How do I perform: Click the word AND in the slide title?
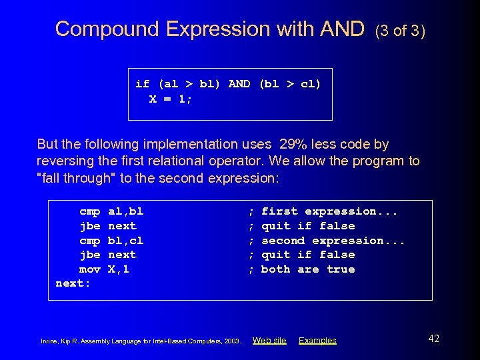click(342, 29)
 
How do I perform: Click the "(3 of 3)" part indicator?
click(400, 31)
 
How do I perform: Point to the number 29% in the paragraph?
click(294, 144)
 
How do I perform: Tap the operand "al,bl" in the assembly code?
click(125, 211)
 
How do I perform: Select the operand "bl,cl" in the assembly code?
click(125, 241)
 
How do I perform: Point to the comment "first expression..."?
click(329, 211)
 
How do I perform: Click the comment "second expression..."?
click(333, 241)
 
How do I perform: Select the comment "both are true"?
click(307, 269)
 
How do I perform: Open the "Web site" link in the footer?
click(269, 341)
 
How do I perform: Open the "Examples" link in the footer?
click(317, 341)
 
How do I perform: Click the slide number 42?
click(433, 339)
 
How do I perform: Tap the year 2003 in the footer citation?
click(232, 341)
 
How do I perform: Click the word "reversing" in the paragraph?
click(65, 161)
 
